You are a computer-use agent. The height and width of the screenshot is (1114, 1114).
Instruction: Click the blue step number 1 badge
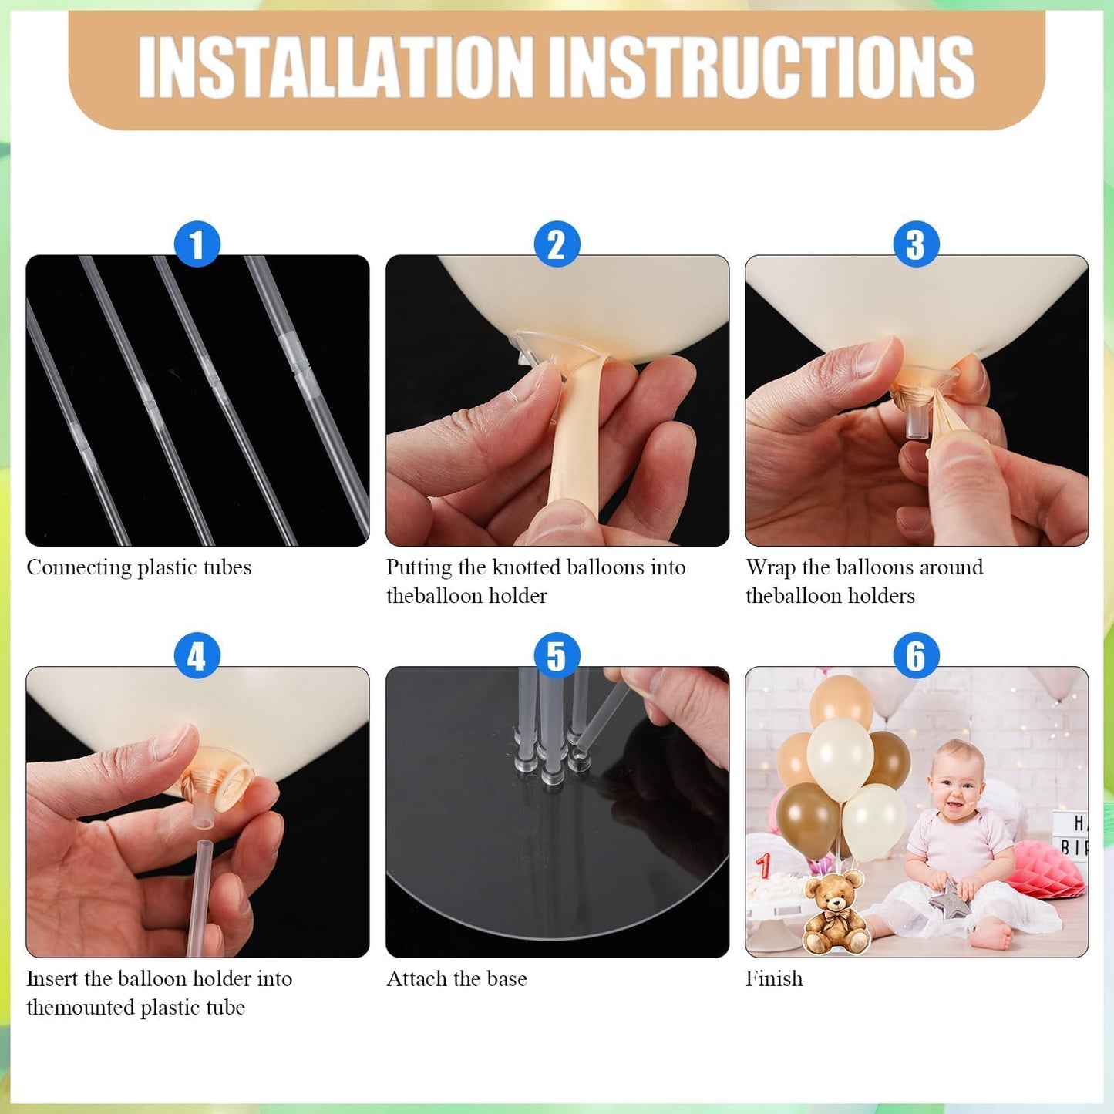point(197,244)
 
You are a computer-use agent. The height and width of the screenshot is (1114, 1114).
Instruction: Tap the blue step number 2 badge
point(557,244)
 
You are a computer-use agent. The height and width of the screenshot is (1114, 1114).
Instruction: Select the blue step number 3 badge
point(917,244)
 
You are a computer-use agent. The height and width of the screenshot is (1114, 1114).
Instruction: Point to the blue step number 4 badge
point(197,655)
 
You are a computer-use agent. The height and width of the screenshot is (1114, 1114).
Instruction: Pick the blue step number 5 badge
point(557,655)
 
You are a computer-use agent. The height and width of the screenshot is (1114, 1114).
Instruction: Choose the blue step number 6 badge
point(917,655)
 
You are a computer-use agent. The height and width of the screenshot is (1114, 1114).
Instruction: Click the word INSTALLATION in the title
point(336,67)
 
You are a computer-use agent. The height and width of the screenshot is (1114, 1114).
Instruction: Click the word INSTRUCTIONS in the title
point(762,67)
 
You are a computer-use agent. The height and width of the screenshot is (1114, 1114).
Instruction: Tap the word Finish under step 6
point(774,979)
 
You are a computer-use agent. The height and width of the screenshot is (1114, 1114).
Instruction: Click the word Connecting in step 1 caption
point(79,568)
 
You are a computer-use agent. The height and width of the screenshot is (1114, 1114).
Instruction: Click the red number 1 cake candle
point(764,866)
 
